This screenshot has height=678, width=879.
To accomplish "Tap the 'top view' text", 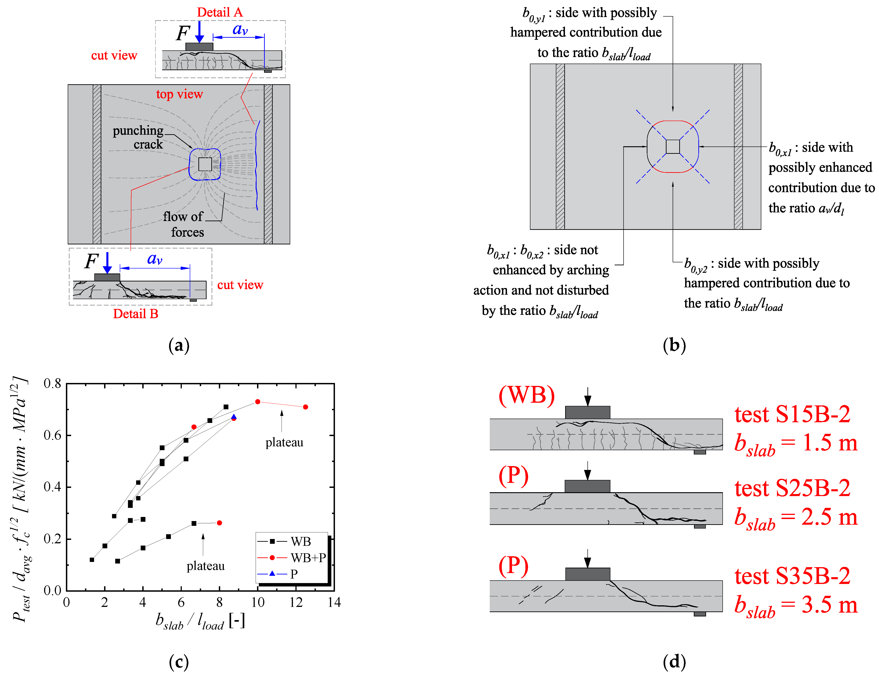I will click(x=180, y=94).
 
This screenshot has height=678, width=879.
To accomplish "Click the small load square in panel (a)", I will click(x=205, y=164).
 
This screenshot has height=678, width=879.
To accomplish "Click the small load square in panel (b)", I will click(x=672, y=147).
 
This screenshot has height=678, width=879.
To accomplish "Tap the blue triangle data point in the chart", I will click(x=234, y=417).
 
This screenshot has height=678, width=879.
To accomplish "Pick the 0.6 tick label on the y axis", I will click(x=52, y=435).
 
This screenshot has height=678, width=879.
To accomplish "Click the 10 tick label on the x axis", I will click(x=257, y=602).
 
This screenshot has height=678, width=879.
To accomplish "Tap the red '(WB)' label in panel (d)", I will click(x=527, y=395).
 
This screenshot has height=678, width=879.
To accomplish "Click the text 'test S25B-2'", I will click(x=792, y=488).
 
